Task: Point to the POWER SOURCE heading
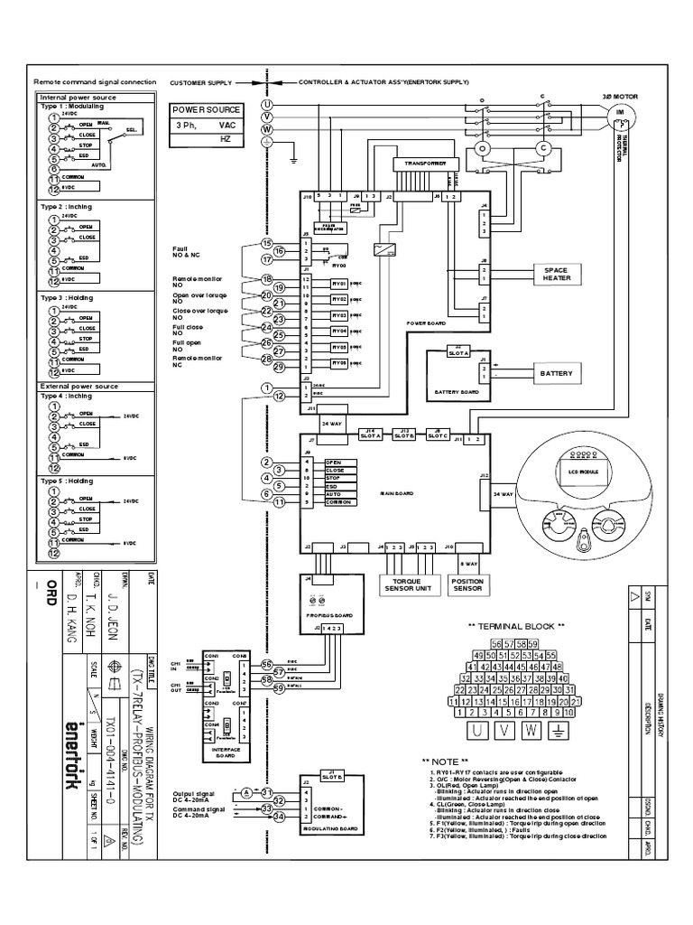click(206, 110)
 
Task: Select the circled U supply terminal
click(266, 105)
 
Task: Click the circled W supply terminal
click(266, 129)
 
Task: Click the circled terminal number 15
click(266, 243)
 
